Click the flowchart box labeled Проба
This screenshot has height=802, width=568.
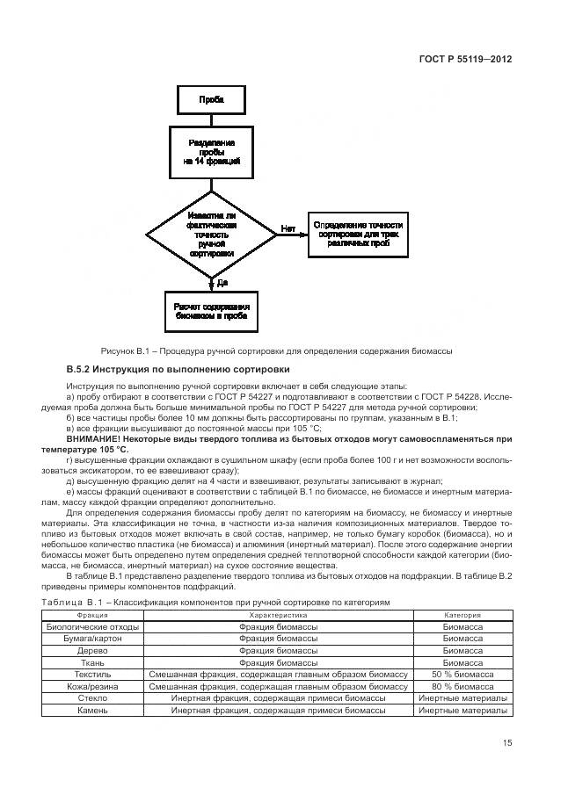211,101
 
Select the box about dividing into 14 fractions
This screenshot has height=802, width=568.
211,152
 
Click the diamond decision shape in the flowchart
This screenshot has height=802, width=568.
211,235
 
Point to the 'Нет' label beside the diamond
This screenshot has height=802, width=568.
288,228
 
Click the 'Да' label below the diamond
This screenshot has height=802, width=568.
222,282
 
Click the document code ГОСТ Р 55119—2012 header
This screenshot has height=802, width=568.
465,59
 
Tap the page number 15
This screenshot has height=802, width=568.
507,743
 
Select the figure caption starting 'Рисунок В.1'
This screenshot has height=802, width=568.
277,351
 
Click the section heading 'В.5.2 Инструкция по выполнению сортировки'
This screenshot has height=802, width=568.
178,369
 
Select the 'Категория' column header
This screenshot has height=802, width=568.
462,616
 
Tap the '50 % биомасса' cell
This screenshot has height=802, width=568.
462,673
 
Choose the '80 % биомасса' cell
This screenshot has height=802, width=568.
462,684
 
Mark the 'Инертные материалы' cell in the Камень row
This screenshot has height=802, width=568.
462,708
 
